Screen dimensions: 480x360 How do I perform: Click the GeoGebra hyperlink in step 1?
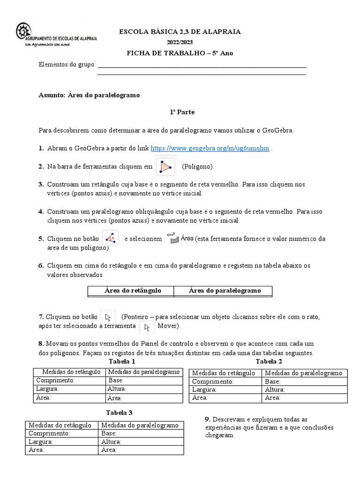coord(210,148)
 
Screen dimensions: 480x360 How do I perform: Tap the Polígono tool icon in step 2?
coord(165,166)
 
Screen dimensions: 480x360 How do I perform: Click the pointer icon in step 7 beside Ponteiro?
coord(108,317)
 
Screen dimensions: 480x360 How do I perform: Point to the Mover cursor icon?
coord(147,327)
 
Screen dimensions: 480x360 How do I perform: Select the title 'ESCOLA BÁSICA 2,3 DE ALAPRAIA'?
coord(180,31)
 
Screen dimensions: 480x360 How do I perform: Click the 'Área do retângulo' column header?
coord(132,291)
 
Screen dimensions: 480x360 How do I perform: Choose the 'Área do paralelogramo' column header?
coord(224,291)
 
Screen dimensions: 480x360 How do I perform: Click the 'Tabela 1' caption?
coord(122,361)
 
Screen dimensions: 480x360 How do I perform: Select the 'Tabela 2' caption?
coord(269,361)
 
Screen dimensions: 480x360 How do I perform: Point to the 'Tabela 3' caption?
coord(119,412)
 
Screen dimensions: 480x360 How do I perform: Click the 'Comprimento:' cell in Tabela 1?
coord(55,380)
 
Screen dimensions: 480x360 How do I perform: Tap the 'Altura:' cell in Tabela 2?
coord(275,390)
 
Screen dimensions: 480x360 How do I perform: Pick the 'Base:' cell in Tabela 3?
coord(109,434)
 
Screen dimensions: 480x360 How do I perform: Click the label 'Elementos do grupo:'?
coord(67,64)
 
